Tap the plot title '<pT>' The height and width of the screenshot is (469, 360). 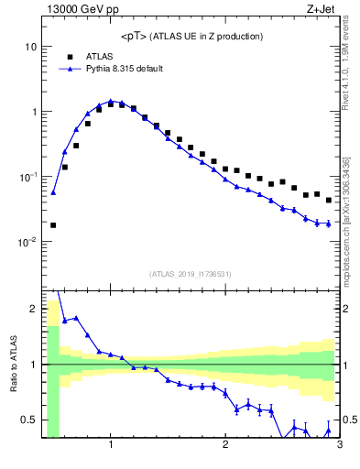click(x=135, y=37)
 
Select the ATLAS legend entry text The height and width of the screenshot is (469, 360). click(x=98, y=56)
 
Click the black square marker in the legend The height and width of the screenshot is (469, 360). click(x=67, y=56)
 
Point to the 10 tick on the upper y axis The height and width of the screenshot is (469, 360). click(x=29, y=47)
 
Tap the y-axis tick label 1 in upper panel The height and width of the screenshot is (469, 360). click(x=33, y=112)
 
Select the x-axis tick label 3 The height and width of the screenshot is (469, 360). click(x=340, y=446)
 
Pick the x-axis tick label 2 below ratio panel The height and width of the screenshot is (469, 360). click(x=225, y=446)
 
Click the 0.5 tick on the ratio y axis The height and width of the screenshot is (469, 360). click(x=27, y=420)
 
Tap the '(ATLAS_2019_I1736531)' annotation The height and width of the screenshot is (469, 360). click(x=191, y=273)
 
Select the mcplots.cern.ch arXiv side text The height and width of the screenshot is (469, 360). click(x=351, y=211)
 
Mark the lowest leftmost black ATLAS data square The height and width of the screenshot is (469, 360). click(x=53, y=224)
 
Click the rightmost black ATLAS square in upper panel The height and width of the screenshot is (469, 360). click(x=329, y=200)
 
